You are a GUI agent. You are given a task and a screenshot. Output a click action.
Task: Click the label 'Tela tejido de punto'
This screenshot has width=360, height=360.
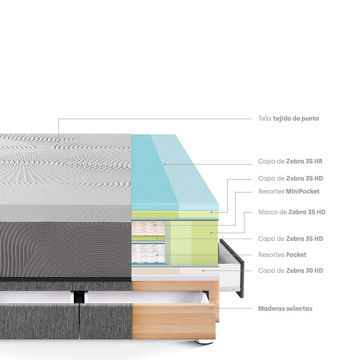pyautogui.click(x=288, y=119)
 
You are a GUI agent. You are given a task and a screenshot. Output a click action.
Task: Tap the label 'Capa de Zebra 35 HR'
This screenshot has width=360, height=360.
pyautogui.click(x=290, y=162)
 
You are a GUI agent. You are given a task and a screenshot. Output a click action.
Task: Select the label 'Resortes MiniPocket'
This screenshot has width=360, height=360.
pyautogui.click(x=289, y=192)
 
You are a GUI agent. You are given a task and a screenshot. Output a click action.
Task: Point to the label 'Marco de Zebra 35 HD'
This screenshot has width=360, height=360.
pyautogui.click(x=292, y=212)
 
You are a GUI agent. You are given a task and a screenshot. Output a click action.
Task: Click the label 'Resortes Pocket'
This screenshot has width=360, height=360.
pyautogui.click(x=283, y=255)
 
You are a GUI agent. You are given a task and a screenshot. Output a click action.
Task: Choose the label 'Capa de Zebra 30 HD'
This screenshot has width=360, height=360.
pyautogui.click(x=291, y=271)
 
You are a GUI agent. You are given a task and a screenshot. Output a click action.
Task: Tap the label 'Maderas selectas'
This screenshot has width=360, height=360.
pyautogui.click(x=285, y=309)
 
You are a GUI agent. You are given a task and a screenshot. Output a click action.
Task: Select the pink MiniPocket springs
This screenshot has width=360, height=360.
pyautogui.click(x=148, y=228)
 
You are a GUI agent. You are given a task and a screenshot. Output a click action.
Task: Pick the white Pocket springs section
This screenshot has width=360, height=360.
pyautogui.click(x=148, y=253)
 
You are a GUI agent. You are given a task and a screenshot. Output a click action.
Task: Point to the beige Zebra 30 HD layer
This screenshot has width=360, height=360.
pyautogui.click(x=175, y=271)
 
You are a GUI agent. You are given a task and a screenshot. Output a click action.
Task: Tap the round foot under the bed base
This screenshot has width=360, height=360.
pyautogui.click(x=203, y=342)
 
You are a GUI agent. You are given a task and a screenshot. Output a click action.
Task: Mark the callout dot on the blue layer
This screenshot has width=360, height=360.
pyautogui.click(x=165, y=164)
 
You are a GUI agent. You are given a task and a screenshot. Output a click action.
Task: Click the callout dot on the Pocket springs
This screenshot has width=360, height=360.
pyautogui.click(x=157, y=255)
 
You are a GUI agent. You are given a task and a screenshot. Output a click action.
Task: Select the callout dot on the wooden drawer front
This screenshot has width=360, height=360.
pyautogui.click(x=211, y=308)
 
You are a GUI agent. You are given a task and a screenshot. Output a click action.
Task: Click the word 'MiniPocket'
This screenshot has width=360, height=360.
pyautogui.click(x=302, y=192)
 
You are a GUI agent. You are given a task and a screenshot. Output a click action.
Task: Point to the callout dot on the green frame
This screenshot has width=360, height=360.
pyautogui.click(x=211, y=233)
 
